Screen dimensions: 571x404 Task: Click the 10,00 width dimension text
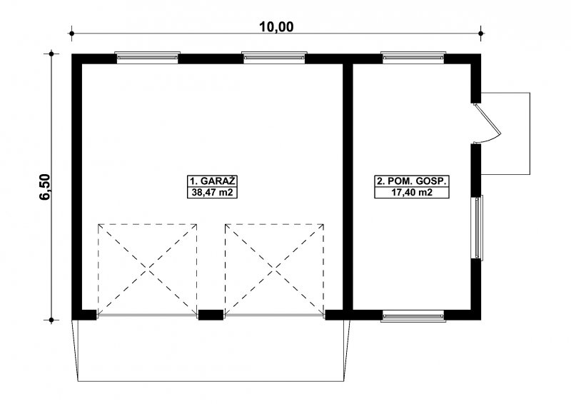pos(276,26)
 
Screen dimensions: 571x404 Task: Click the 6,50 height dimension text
pos(44,187)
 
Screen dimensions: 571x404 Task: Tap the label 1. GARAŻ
pos(212,181)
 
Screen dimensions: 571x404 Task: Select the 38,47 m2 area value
pos(212,192)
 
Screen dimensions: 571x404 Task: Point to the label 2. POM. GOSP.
pos(412,181)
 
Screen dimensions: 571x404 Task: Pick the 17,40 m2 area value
pos(412,192)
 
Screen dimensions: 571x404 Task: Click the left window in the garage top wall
pos(148,58)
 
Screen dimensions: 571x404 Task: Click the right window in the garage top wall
pos(274,58)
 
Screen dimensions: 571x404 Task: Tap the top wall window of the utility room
pos(413,58)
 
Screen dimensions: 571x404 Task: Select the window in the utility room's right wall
pos(477,228)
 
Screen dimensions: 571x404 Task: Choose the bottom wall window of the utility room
pos(413,315)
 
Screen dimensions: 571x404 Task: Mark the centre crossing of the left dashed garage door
pos(148,269)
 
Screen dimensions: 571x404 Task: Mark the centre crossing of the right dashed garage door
pos(275,269)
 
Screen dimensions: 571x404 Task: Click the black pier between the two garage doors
pos(211,315)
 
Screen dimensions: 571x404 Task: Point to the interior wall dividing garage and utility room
pos(348,187)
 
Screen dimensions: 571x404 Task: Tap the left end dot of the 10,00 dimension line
pos(72,34)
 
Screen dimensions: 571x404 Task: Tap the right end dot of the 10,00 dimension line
pos(481,34)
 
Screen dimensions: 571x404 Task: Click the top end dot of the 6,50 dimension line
pos(51,54)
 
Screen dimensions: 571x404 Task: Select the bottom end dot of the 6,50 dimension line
pos(51,320)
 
